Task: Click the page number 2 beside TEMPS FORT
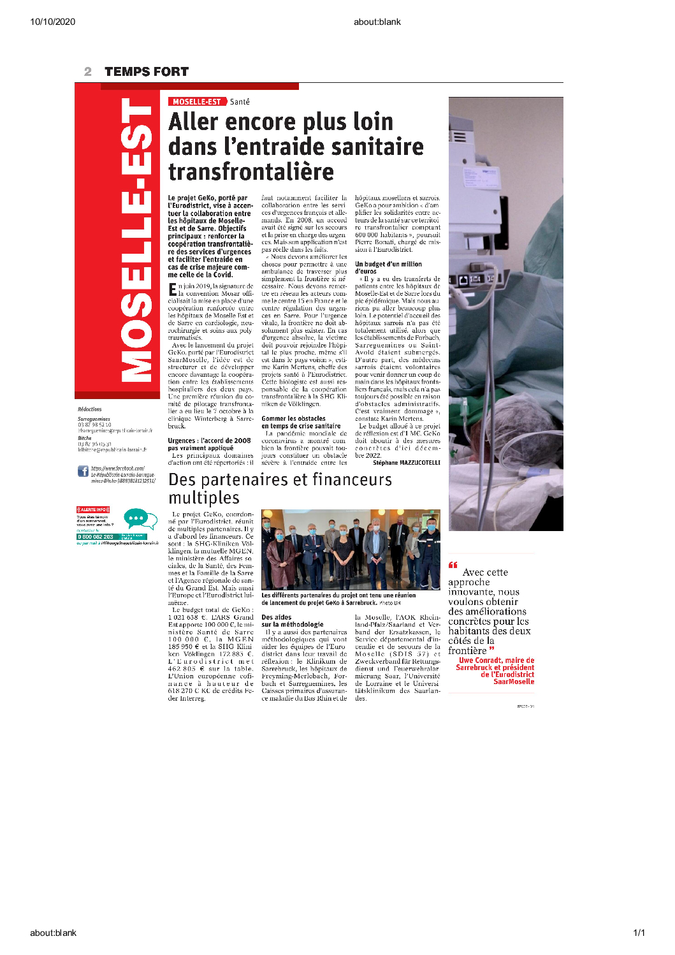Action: pyautogui.click(x=88, y=71)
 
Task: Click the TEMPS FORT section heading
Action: pyautogui.click(x=146, y=71)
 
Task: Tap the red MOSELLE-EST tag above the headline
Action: pyautogui.click(x=197, y=101)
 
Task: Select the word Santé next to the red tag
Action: pyautogui.click(x=240, y=102)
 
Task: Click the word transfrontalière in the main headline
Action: pyautogui.click(x=251, y=171)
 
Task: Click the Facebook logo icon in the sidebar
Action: pyautogui.click(x=83, y=471)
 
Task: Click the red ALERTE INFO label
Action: pyautogui.click(x=93, y=509)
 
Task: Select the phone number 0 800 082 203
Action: pyautogui.click(x=96, y=537)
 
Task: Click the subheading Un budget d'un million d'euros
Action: pyautogui.click(x=388, y=268)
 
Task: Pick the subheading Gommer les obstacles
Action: pyautogui.click(x=293, y=418)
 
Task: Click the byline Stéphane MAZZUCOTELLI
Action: pyautogui.click(x=406, y=463)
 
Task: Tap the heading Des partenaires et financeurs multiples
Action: pyautogui.click(x=280, y=488)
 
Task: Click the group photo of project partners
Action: pyautogui.click(x=351, y=550)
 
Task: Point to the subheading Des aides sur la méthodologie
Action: pyautogui.click(x=292, y=621)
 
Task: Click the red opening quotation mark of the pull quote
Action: pyautogui.click(x=453, y=564)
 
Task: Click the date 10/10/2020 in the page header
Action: pyautogui.click(x=52, y=22)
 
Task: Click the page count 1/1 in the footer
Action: pyautogui.click(x=639, y=933)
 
